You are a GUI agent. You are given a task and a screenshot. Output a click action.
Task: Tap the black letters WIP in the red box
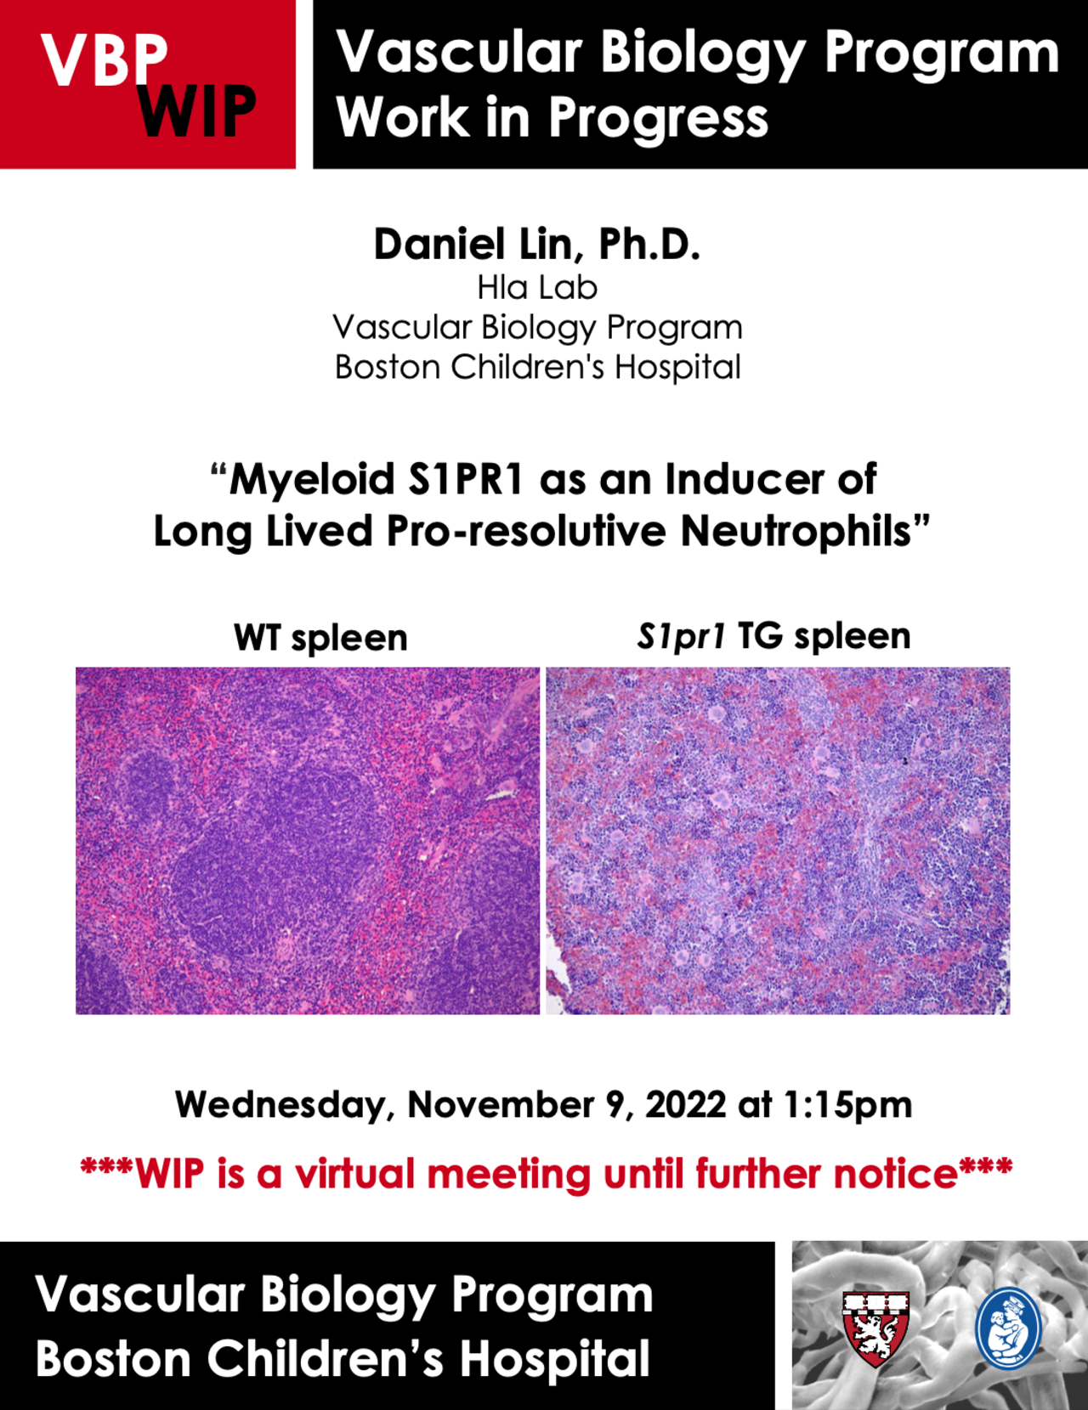pos(197,111)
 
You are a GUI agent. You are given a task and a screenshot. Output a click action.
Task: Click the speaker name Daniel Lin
pos(480,245)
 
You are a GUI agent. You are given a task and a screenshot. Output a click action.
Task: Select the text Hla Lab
pos(537,287)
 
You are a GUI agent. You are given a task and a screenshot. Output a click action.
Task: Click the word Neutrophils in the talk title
pos(796,532)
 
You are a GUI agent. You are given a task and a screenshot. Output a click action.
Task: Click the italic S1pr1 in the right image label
pos(681,636)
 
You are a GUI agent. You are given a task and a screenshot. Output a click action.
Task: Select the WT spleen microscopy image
pos(308,840)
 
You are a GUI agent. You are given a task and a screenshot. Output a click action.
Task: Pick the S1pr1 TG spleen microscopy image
pos(778,840)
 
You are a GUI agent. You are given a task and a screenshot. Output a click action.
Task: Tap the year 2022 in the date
pos(686,1104)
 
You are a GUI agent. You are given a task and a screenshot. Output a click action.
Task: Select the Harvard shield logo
pos(875,1329)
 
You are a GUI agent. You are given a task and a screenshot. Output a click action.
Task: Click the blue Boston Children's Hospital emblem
pos(1008,1329)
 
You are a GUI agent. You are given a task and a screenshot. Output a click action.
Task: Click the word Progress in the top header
pos(659,120)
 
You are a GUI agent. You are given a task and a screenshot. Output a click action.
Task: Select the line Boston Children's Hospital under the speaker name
pos(537,367)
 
